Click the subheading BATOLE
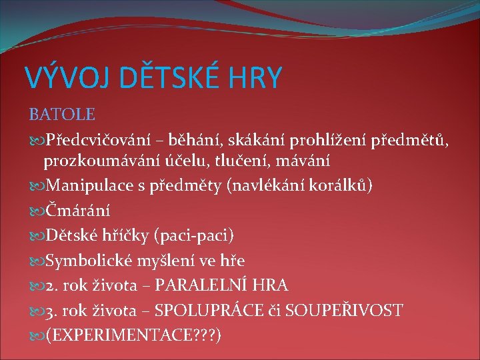click(x=61, y=115)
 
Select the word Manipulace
click(x=86, y=185)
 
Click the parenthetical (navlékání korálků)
click(x=300, y=185)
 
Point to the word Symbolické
click(x=86, y=261)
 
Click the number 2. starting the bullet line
click(x=51, y=285)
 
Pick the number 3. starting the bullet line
click(x=51, y=310)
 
